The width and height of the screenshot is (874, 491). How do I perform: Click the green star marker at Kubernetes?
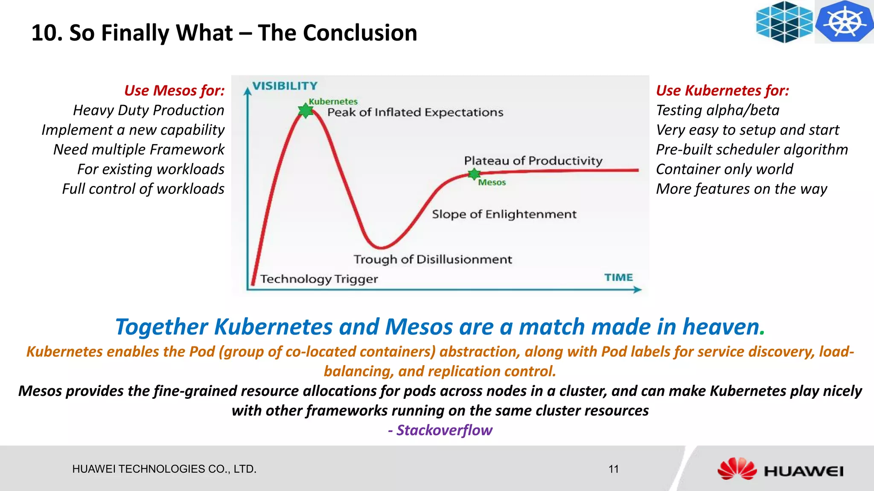tap(306, 110)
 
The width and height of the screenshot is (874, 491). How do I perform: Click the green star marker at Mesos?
tap(474, 174)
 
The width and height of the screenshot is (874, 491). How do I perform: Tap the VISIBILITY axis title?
tap(285, 86)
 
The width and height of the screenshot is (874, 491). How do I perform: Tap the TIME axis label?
tap(618, 278)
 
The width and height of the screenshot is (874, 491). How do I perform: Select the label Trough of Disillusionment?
tap(432, 259)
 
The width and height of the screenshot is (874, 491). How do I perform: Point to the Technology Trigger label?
tap(319, 279)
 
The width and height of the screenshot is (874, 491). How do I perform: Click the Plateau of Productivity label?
tap(533, 161)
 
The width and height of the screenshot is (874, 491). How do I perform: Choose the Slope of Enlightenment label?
tap(504, 214)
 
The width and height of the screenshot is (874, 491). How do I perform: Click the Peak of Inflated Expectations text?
tap(415, 112)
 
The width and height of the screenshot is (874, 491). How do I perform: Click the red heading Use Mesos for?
tap(174, 90)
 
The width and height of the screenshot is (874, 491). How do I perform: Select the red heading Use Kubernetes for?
tap(722, 90)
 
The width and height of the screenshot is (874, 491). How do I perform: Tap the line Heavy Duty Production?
tap(149, 110)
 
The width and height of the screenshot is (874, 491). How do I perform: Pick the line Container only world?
tap(724, 169)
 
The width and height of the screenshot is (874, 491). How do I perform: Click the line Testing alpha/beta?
tap(717, 110)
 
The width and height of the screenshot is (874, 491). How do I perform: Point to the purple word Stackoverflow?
tap(444, 430)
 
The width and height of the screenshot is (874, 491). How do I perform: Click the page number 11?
tap(613, 469)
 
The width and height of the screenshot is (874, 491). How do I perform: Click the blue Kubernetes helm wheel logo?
tap(844, 21)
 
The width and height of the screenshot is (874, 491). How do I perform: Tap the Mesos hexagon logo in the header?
tap(784, 22)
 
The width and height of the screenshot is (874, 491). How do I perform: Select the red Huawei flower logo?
tap(737, 469)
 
